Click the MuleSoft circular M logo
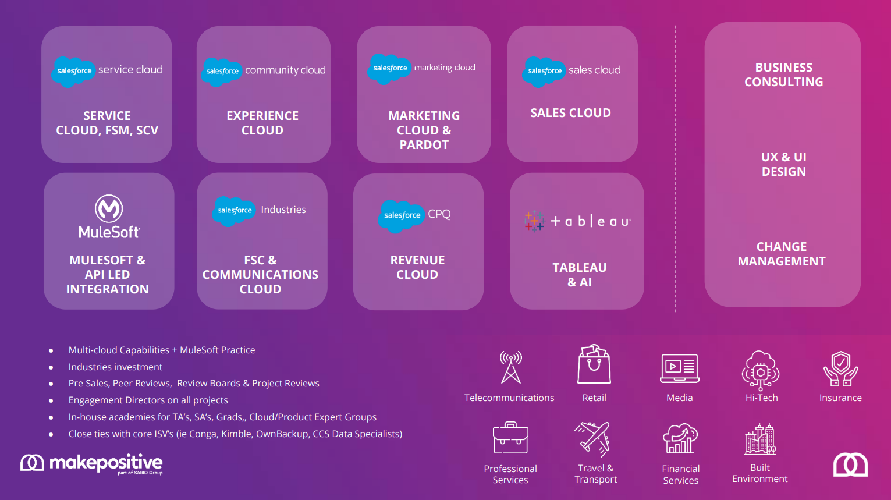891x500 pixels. [x=109, y=208]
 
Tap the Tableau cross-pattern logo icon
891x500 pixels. [x=534, y=221]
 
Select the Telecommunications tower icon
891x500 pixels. [x=511, y=367]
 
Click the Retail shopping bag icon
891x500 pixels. [x=594, y=364]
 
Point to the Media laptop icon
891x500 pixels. [x=679, y=368]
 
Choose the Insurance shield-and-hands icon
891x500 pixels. [x=840, y=368]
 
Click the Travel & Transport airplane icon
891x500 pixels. [x=592, y=439]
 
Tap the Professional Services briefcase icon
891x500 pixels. [x=510, y=438]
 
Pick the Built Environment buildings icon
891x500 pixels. [x=760, y=439]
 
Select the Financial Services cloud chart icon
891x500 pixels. [x=680, y=439]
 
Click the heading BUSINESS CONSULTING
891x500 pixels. [x=783, y=75]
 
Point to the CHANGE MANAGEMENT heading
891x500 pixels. [x=782, y=254]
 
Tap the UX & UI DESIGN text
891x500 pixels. [x=783, y=164]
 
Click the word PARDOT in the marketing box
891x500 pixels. [x=424, y=145]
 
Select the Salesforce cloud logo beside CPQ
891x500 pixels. [x=402, y=215]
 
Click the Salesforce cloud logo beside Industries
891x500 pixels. [x=235, y=211]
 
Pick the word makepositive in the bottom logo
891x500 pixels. [x=106, y=463]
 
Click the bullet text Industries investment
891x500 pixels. [x=115, y=367]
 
